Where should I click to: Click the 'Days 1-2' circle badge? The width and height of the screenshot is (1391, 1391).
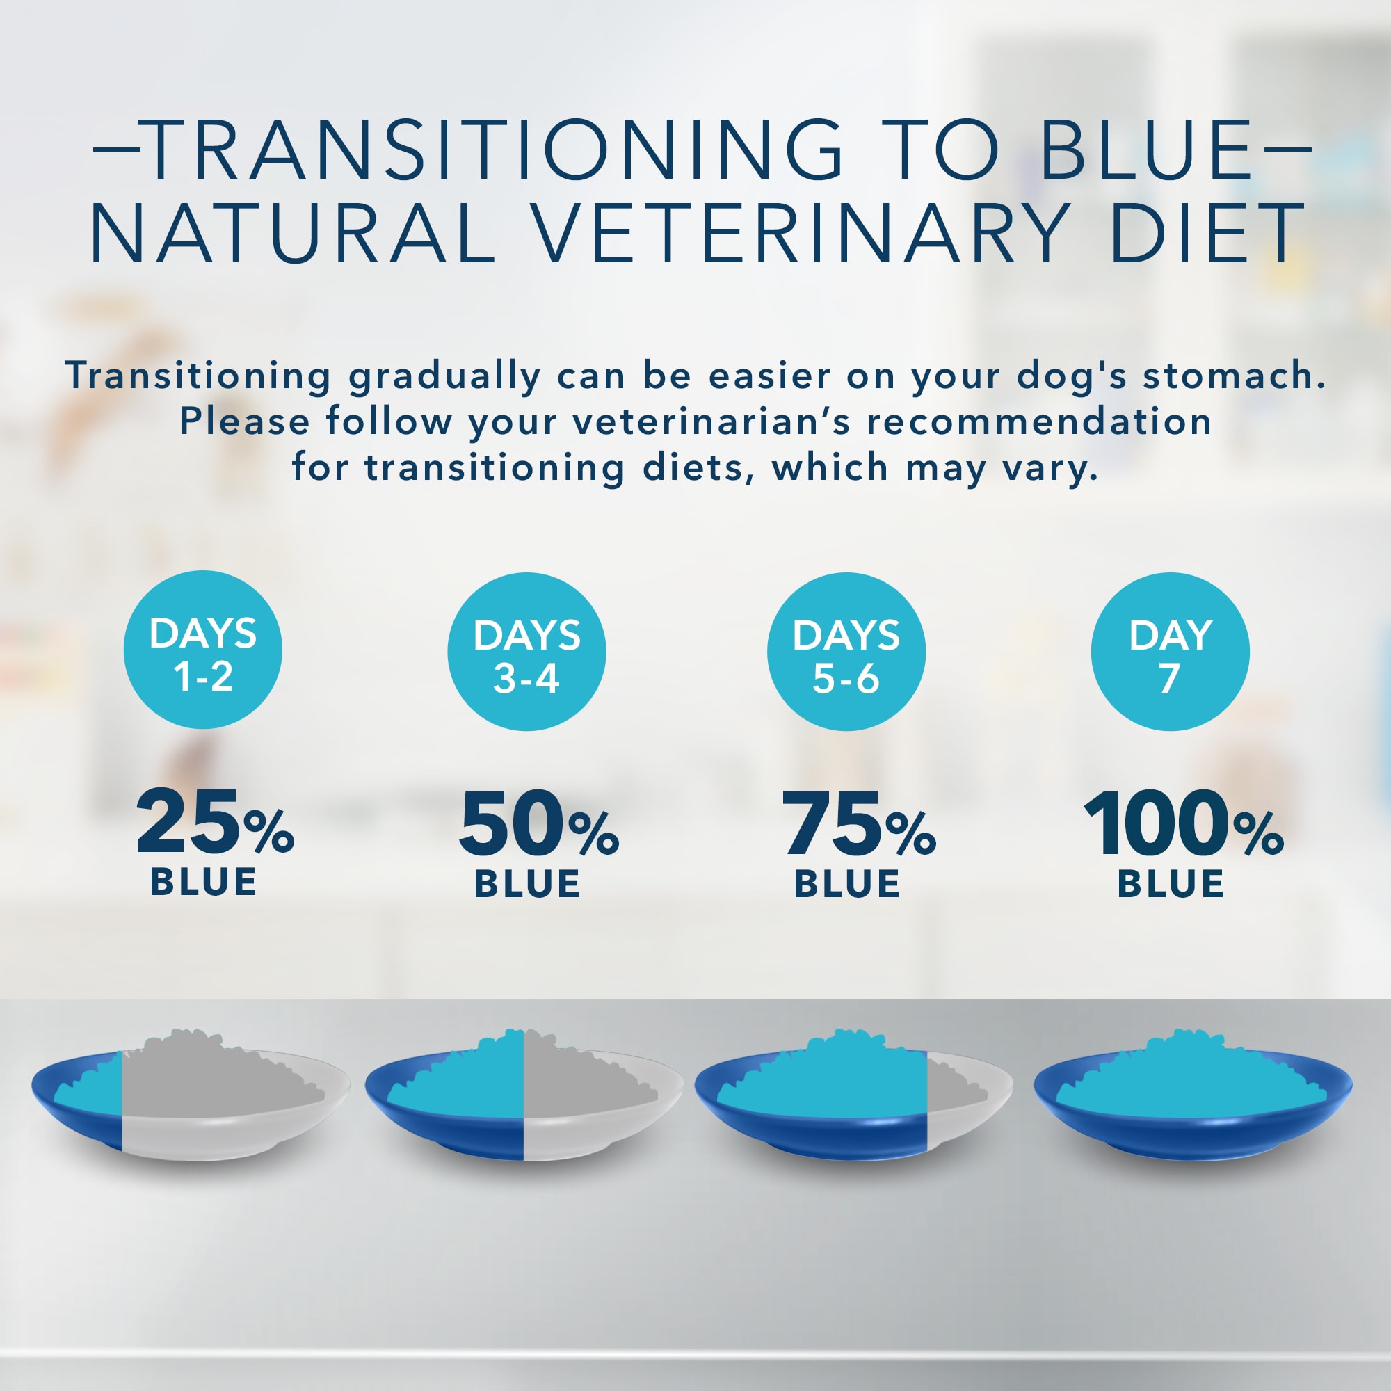point(202,650)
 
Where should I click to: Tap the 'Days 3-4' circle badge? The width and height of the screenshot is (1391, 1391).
point(526,652)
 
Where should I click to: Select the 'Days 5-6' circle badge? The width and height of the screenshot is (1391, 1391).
point(846,652)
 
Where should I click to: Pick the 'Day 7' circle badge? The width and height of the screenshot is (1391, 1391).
point(1170,652)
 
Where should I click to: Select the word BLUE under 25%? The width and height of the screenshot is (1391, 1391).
point(203,882)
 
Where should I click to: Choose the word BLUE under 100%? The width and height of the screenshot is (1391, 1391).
point(1171,883)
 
